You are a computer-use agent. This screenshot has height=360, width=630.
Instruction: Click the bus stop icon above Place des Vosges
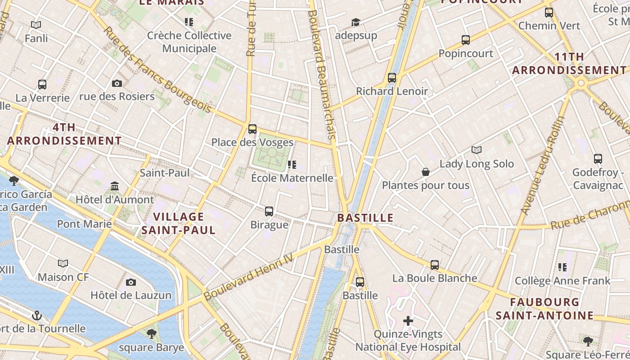(x=252, y=129)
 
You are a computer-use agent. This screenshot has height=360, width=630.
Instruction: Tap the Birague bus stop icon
(x=269, y=211)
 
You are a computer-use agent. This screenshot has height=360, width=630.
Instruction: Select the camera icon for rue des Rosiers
(x=117, y=83)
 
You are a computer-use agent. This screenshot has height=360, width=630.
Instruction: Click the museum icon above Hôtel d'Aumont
(x=115, y=186)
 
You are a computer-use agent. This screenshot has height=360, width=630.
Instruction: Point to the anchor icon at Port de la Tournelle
(x=37, y=315)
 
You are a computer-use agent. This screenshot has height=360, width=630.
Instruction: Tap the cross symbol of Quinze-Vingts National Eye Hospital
(x=408, y=321)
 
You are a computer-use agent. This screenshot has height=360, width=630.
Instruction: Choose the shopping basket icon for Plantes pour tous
(x=425, y=172)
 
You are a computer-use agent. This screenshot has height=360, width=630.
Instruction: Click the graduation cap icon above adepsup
(x=355, y=22)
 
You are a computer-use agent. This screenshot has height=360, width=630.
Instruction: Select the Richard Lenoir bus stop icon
(x=392, y=78)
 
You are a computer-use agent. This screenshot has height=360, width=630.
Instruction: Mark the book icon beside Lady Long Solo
(x=477, y=150)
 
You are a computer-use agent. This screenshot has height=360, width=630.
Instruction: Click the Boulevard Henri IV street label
(x=248, y=276)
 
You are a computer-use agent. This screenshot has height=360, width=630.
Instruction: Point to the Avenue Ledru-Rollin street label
(x=543, y=165)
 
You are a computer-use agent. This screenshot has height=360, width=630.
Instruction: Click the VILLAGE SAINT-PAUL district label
(x=179, y=223)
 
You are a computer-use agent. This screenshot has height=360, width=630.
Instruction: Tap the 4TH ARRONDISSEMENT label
(x=64, y=134)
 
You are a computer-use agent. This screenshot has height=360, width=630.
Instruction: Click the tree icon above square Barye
(x=151, y=333)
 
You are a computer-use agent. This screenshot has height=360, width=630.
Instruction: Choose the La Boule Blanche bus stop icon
(x=434, y=265)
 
